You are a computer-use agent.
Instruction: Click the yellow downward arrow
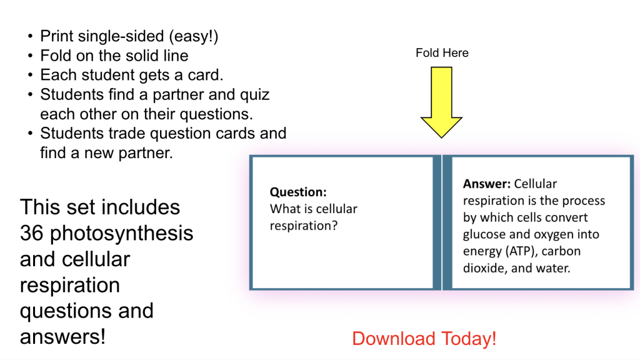442,102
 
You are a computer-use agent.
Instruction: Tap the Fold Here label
442,53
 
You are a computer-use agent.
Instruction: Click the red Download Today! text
424,339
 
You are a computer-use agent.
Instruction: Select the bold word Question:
298,192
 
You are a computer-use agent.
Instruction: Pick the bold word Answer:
486,184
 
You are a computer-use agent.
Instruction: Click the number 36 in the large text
31,233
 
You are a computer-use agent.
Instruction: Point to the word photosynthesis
122,234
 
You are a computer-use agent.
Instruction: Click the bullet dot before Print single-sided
30,36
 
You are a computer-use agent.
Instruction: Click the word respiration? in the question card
304,226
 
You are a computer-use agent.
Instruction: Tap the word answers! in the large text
62,337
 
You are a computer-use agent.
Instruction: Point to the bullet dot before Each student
30,75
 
